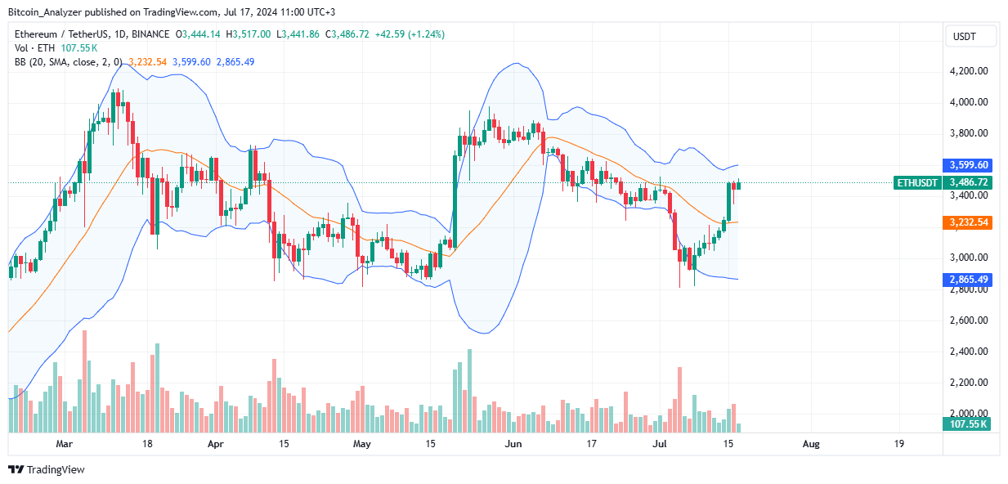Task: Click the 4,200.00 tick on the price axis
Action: (968, 71)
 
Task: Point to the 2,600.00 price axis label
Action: (968, 320)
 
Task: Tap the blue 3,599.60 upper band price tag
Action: (968, 164)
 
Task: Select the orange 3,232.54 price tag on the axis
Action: (968, 222)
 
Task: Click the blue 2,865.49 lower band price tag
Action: (968, 280)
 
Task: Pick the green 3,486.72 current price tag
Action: (968, 183)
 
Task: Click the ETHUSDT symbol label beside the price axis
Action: (917, 183)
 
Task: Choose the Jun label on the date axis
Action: (513, 444)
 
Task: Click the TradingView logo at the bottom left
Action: (47, 469)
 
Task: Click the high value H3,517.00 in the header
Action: (250, 34)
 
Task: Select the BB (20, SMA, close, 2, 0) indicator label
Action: (67, 61)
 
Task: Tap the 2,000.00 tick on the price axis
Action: (968, 414)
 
